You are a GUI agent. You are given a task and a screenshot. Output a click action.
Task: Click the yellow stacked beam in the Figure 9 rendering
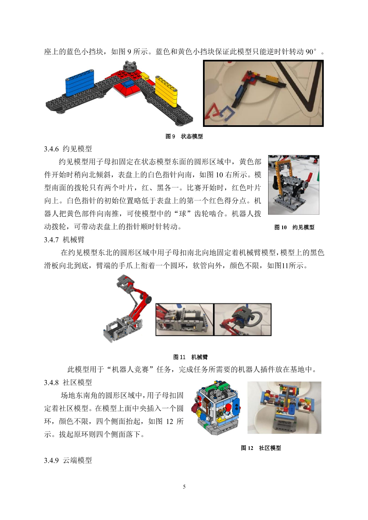pyautogui.click(x=166, y=91)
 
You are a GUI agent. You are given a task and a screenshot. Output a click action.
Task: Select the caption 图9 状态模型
pyautogui.click(x=184, y=136)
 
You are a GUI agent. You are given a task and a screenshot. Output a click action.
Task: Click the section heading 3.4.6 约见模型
pyautogui.click(x=68, y=149)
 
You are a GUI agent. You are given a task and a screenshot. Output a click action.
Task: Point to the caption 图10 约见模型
pyautogui.click(x=294, y=227)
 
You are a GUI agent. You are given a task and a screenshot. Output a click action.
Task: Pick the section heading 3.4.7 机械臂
pyautogui.click(x=64, y=239)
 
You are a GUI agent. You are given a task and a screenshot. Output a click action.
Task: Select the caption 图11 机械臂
pyautogui.click(x=190, y=357)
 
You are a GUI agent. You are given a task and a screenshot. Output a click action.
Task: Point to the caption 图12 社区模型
pyautogui.click(x=261, y=448)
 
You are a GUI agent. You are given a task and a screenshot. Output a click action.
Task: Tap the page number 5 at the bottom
pyautogui.click(x=184, y=487)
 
